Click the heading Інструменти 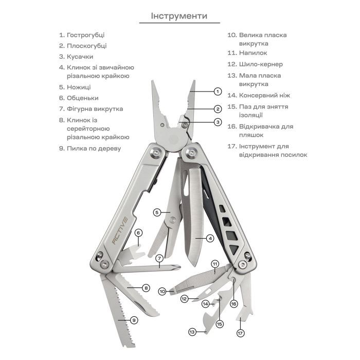[x=179, y=16]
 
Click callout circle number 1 [x=218, y=92]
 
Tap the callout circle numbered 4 [x=210, y=238]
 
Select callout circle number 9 [x=134, y=320]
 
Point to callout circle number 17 [x=240, y=333]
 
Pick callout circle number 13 [x=192, y=332]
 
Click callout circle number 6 [x=138, y=233]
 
